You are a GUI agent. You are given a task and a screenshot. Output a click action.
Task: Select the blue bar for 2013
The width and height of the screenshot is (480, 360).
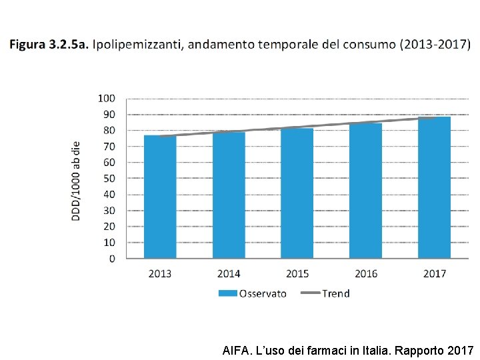click(160, 197)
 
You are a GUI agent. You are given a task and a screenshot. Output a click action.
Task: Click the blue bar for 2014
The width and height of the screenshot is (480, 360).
click(229, 195)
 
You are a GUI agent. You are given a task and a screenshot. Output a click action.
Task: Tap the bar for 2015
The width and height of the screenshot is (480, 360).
click(297, 193)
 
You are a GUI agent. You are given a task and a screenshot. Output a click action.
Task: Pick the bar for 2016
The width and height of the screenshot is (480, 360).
click(365, 191)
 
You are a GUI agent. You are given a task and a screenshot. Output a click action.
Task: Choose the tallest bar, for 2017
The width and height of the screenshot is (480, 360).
click(434, 187)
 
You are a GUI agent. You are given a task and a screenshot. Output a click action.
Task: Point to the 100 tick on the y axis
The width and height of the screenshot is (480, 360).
click(106, 99)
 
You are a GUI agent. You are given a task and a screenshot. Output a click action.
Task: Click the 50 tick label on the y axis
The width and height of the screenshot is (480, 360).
click(109, 179)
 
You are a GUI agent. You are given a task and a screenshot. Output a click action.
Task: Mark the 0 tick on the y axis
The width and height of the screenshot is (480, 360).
click(112, 259)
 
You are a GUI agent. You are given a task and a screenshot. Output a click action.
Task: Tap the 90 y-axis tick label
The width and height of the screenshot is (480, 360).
click(109, 115)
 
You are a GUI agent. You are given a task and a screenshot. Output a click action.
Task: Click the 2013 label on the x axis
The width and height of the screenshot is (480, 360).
click(160, 274)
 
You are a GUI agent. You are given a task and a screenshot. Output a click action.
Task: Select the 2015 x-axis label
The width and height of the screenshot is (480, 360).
click(297, 274)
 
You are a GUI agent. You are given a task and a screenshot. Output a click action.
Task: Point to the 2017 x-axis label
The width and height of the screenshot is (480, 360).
click(435, 274)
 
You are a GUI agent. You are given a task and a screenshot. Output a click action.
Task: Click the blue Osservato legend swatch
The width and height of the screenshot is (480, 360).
click(228, 293)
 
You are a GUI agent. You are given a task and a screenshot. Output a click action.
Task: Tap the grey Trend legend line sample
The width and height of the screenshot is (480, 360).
click(311, 293)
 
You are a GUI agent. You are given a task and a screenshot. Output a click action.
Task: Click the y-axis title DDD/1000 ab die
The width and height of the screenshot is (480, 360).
click(75, 181)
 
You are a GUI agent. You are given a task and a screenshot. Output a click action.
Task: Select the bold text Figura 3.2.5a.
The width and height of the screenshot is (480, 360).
click(49, 45)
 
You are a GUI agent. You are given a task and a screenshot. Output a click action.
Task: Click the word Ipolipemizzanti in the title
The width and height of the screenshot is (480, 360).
click(138, 45)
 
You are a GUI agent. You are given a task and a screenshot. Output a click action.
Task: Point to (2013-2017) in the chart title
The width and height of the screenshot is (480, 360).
click(435, 45)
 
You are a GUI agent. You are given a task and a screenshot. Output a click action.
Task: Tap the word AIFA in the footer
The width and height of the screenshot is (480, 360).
click(236, 350)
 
